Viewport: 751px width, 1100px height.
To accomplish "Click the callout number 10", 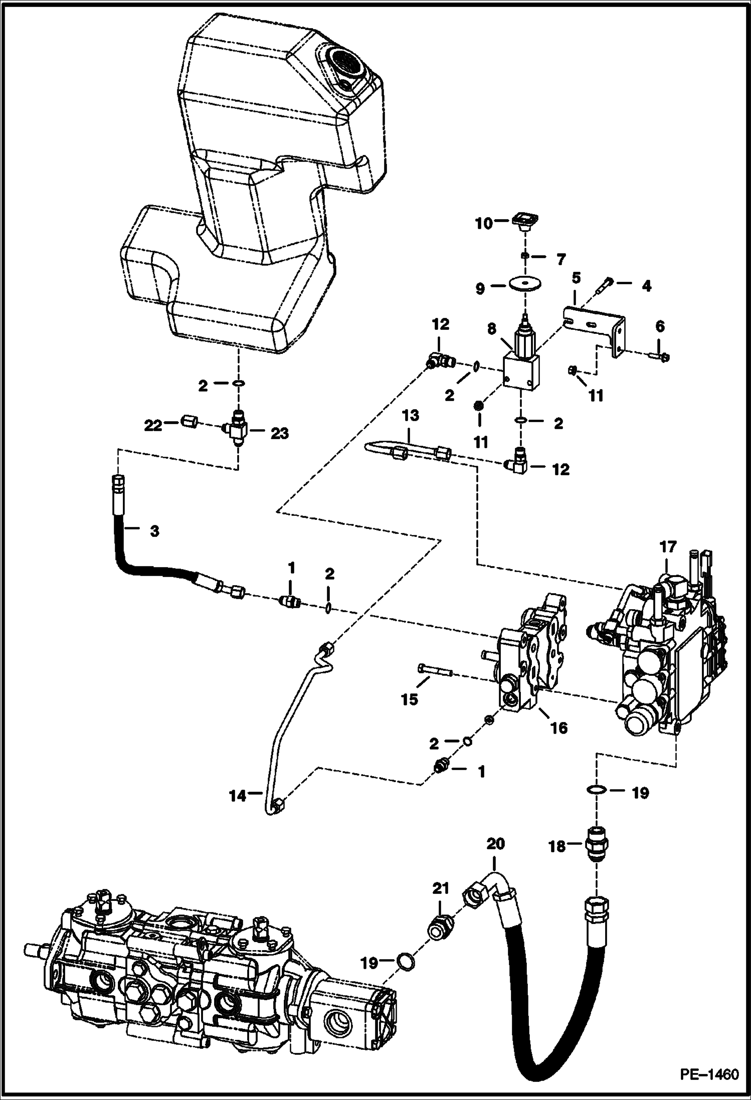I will (x=484, y=223).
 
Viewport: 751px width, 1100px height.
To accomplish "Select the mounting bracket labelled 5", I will (x=594, y=325).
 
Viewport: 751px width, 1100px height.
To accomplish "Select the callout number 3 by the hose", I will (x=154, y=530).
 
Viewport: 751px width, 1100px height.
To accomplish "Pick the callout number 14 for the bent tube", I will (x=238, y=795).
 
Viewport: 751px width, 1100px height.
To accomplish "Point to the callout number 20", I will (x=495, y=844).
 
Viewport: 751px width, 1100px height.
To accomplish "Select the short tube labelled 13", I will (x=406, y=449).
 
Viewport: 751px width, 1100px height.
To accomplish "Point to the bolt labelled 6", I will (x=661, y=357).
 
